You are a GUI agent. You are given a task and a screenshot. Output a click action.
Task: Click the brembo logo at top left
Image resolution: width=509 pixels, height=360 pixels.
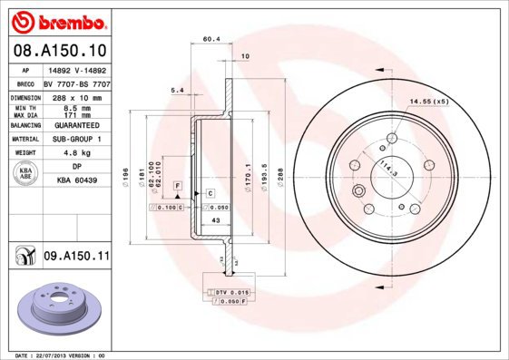(x=56, y=18)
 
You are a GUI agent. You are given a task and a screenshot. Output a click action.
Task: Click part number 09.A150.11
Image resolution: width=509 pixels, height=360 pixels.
(x=76, y=258)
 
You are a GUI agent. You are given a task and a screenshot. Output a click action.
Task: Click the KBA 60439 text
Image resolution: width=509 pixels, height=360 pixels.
(x=77, y=181)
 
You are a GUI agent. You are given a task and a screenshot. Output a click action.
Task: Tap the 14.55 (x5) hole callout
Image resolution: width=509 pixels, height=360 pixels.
(x=429, y=102)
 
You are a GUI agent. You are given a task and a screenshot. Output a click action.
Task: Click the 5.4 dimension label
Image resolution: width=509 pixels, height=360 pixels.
(x=178, y=91)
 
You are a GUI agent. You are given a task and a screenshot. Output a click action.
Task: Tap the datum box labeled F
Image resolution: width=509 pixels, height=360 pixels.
(x=178, y=186)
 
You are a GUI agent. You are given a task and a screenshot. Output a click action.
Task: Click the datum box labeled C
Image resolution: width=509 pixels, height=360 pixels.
(x=209, y=193)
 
